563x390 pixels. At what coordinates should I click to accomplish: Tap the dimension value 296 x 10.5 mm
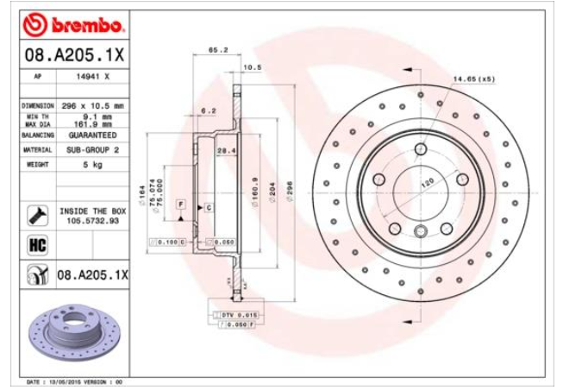pyautogui.click(x=93, y=105)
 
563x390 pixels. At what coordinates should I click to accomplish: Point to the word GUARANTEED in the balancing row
pyautogui.click(x=93, y=135)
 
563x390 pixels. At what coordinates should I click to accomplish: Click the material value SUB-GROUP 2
pyautogui.click(x=92, y=149)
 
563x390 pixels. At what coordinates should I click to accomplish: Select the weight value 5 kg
pyautogui.click(x=92, y=163)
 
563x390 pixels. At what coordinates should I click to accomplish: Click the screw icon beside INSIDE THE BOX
pyautogui.click(x=38, y=214)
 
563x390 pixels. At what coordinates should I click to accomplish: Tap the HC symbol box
pyautogui.click(x=38, y=246)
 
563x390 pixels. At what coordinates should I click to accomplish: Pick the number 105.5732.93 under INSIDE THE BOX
pyautogui.click(x=92, y=220)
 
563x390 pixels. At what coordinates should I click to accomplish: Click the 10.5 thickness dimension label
pyautogui.click(x=252, y=66)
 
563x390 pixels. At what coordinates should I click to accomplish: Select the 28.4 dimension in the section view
pyautogui.click(x=226, y=151)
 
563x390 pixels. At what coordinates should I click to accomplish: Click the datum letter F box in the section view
pyautogui.click(x=181, y=203)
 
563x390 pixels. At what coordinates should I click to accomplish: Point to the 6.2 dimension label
pyautogui.click(x=208, y=111)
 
